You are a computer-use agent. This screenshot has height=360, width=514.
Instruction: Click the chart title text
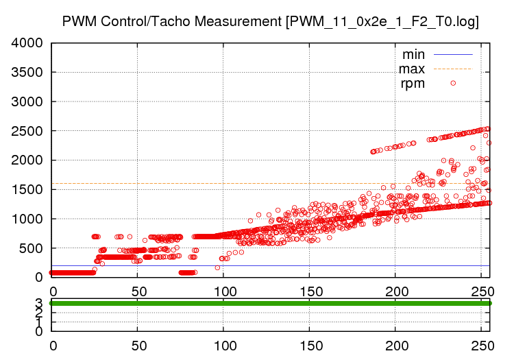pyautogui.click(x=270, y=21)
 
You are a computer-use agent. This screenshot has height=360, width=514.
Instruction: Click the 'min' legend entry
pyautogui.click(x=413, y=54)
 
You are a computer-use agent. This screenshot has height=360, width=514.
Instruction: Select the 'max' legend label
pyautogui.click(x=412, y=69)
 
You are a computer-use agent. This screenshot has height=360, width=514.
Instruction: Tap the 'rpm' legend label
pyautogui.click(x=413, y=84)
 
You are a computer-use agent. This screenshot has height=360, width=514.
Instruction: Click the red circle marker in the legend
pyautogui.click(x=453, y=83)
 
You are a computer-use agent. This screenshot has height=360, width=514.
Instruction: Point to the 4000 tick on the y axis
pyautogui.click(x=28, y=43)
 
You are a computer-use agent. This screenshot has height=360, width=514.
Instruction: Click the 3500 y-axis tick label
pyautogui.click(x=28, y=73)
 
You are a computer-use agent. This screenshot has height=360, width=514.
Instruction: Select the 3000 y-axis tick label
pyautogui.click(x=28, y=102)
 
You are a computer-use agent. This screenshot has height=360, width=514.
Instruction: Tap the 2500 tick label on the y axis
pyautogui.click(x=28, y=131)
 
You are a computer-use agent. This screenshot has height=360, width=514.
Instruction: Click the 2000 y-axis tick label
pyautogui.click(x=28, y=160)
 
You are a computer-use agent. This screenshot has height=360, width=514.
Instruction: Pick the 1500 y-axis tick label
pyautogui.click(x=28, y=190)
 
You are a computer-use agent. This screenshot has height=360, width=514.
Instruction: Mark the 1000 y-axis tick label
pyautogui.click(x=28, y=219)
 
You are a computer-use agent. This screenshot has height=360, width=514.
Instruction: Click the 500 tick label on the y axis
pyautogui.click(x=32, y=248)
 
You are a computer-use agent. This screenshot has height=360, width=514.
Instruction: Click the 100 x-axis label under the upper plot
pyautogui.click(x=223, y=291)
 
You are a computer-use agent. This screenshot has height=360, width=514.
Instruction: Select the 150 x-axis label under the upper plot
pyautogui.click(x=310, y=291)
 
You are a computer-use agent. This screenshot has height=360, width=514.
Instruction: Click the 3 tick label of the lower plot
pyautogui.click(x=39, y=302)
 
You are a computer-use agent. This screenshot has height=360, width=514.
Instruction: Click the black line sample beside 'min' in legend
pyautogui.click(x=453, y=54)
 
